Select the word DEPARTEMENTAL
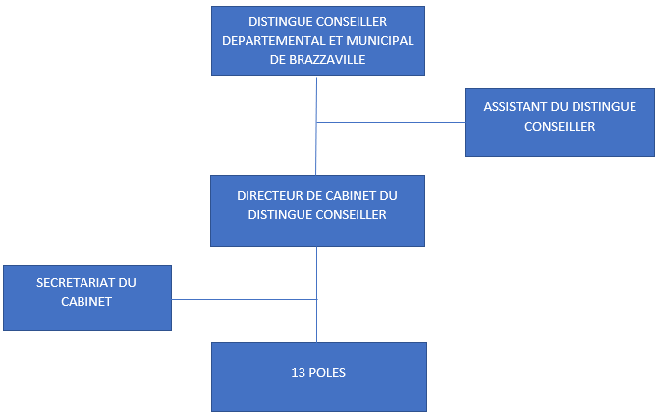pyautogui.click(x=271, y=41)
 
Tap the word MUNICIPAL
pyautogui.click(x=380, y=41)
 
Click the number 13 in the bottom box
pyautogui.click(x=298, y=373)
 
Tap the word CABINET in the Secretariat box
pyautogui.click(x=86, y=302)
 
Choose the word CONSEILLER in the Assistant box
pyautogui.click(x=560, y=127)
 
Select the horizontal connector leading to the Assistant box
pyautogui.click(x=391, y=123)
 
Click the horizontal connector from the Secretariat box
pyautogui.click(x=245, y=300)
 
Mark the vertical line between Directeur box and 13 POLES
pyautogui.click(x=316, y=294)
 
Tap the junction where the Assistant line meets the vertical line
pyautogui.click(x=316, y=123)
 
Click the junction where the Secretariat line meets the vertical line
pyautogui.click(x=316, y=300)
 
